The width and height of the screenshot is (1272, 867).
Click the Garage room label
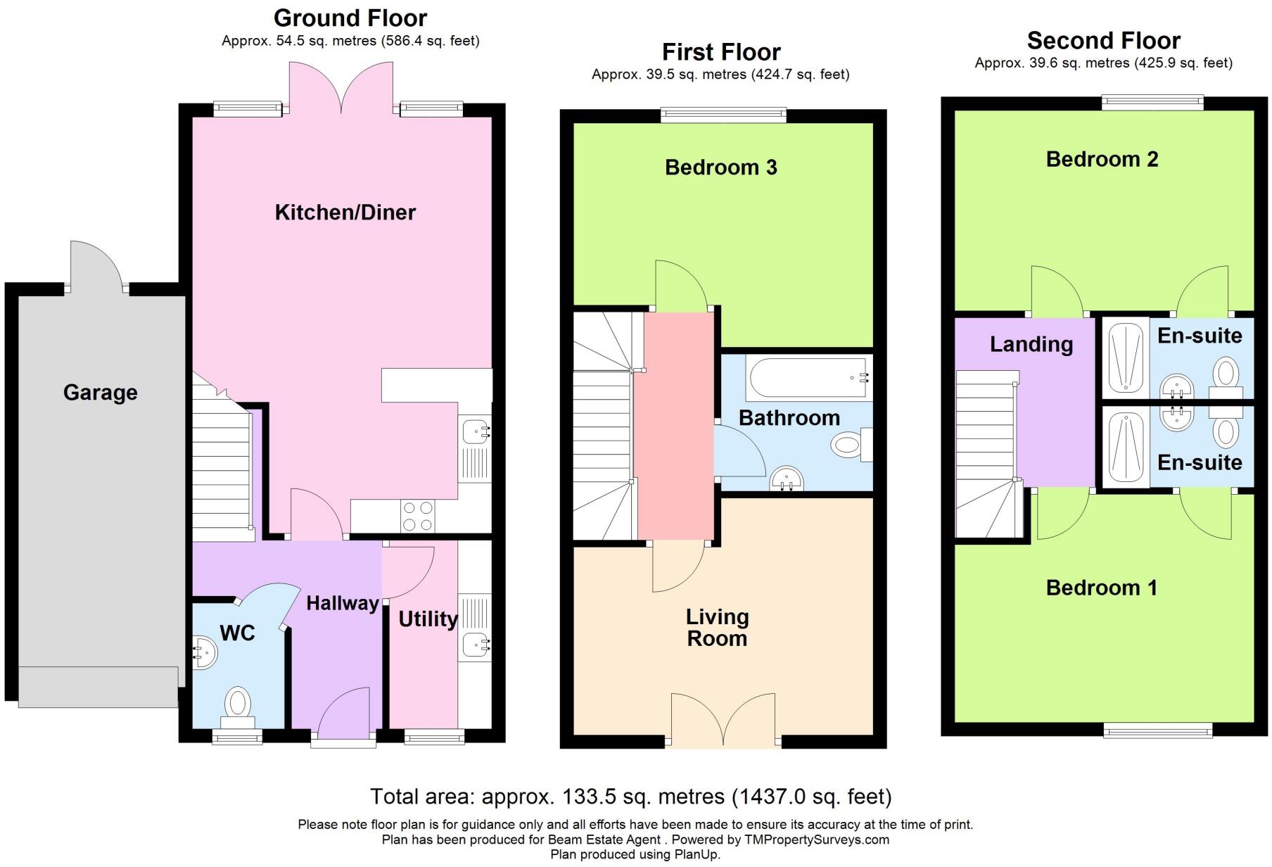pyautogui.click(x=100, y=393)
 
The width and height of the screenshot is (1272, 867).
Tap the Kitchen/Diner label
pyautogui.click(x=345, y=213)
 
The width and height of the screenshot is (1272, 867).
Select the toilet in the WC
pyautogui.click(x=238, y=707)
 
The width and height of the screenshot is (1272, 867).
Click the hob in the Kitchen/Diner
pyautogui.click(x=418, y=516)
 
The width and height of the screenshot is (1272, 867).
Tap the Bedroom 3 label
pyautogui.click(x=720, y=167)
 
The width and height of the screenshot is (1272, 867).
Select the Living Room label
pyautogui.click(x=717, y=628)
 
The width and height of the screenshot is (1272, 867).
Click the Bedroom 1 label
pyautogui.click(x=1101, y=588)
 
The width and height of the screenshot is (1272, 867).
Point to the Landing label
pyautogui.click(x=1031, y=344)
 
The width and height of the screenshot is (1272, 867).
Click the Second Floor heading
pyautogui.click(x=1103, y=40)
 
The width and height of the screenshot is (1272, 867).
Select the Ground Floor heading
pyautogui.click(x=350, y=18)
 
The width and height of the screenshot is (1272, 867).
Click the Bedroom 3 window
pyautogui.click(x=723, y=115)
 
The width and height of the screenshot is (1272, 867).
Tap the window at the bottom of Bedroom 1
pyautogui.click(x=1157, y=730)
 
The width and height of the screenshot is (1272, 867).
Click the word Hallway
pyautogui.click(x=343, y=603)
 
